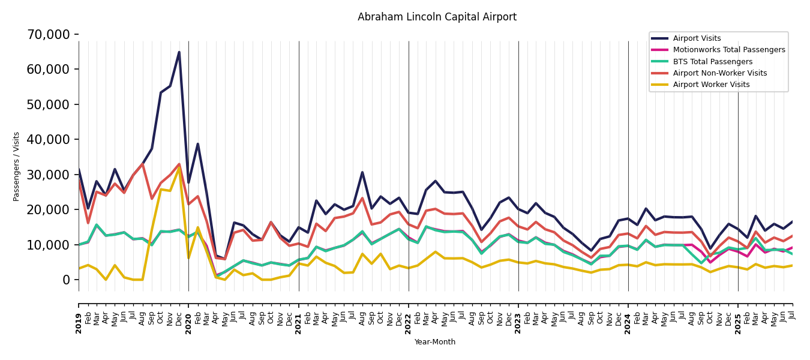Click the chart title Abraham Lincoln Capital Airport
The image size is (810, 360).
click(x=437, y=17)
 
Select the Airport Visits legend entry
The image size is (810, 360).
click(x=697, y=38)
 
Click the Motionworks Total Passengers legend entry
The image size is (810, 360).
click(x=728, y=50)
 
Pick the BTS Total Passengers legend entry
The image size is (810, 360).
click(x=712, y=62)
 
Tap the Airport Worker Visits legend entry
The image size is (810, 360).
click(x=711, y=85)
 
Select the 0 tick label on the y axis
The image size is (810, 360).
click(x=66, y=280)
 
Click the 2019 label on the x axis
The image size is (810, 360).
click(x=79, y=314)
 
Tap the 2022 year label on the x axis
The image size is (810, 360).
click(x=409, y=314)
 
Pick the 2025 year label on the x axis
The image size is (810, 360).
click(x=738, y=314)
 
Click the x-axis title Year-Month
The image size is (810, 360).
click(x=435, y=342)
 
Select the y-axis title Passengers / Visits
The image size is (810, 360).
click(x=17, y=166)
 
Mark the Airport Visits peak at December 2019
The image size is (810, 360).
click(x=179, y=52)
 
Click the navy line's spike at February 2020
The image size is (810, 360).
click(x=197, y=144)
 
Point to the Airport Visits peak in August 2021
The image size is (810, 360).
click(x=362, y=173)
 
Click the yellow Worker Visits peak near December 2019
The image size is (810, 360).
click(x=179, y=168)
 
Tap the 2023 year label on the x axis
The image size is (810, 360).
click(x=518, y=314)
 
